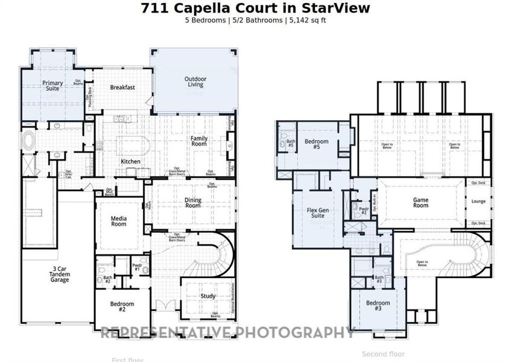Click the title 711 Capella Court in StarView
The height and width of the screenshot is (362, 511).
pos(255,8)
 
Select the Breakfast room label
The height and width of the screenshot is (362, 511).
pos(122,87)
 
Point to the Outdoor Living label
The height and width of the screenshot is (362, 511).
pos(195,81)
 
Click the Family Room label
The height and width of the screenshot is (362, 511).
pos(199,141)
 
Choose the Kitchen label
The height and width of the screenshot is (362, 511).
pos(130,162)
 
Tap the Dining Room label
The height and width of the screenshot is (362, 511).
pos(192,202)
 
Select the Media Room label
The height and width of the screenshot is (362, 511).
pos(119,221)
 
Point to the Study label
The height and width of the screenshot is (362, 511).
pos(208,296)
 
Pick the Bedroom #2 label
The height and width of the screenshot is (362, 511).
pos(122,307)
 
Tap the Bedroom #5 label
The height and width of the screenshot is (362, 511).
pos(316,144)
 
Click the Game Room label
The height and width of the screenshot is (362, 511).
pos(421,203)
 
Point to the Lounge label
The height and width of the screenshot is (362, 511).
pos(478,202)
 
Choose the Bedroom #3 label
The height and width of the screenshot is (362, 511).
pos(378,305)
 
